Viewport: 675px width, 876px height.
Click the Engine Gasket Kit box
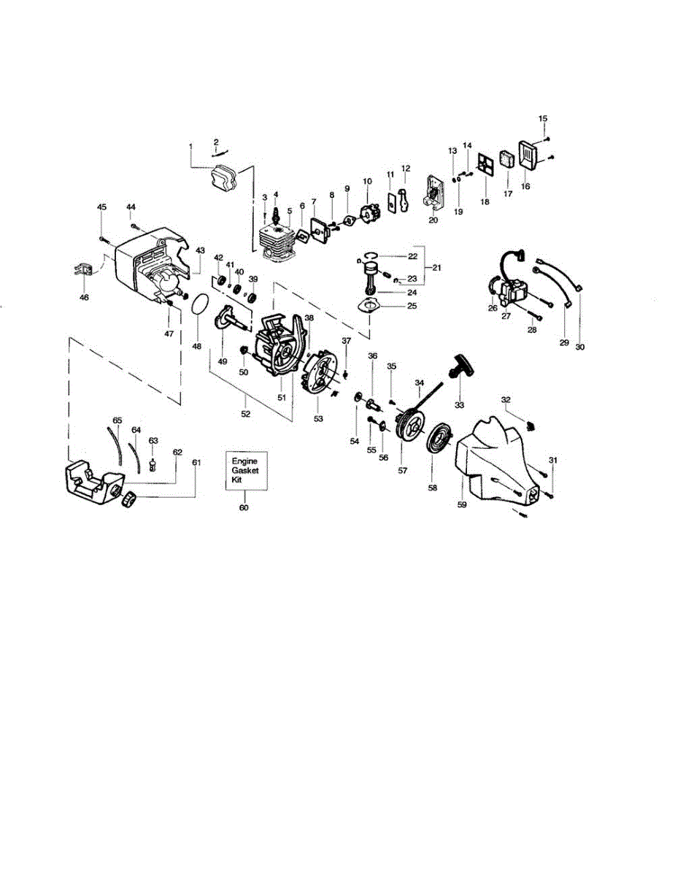point(244,472)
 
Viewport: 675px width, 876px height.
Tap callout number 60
point(244,507)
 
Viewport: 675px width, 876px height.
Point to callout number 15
point(542,118)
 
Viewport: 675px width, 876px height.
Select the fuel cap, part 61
point(129,500)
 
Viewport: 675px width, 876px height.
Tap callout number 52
point(246,414)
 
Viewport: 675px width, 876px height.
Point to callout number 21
point(436,268)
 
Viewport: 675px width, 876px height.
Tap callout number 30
point(580,347)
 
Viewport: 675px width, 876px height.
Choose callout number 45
point(101,208)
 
